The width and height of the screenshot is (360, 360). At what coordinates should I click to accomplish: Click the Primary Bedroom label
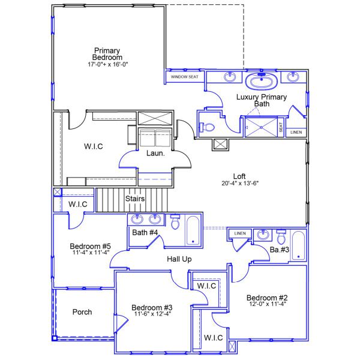point(107,54)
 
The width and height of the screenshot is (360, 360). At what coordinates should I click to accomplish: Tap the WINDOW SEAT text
point(184,77)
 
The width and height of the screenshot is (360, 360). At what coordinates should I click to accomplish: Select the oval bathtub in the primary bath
point(261,80)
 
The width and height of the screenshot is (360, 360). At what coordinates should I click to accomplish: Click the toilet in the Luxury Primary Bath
point(207,127)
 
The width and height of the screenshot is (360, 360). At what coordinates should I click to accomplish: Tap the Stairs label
point(134,198)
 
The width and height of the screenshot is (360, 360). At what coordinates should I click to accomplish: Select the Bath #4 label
point(145,232)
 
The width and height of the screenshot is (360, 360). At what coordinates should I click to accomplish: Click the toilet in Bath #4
point(176,223)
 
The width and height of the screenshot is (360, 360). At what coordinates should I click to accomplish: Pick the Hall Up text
point(178,259)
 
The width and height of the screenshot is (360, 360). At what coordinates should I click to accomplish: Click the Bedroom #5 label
point(90,246)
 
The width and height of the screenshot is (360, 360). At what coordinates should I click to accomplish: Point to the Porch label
point(82,312)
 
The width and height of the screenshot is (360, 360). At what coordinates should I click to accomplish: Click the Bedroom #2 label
point(267,298)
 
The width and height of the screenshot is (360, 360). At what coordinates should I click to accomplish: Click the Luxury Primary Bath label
point(262,100)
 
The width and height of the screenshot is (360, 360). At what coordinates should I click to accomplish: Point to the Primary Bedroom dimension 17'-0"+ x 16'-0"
point(107,64)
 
